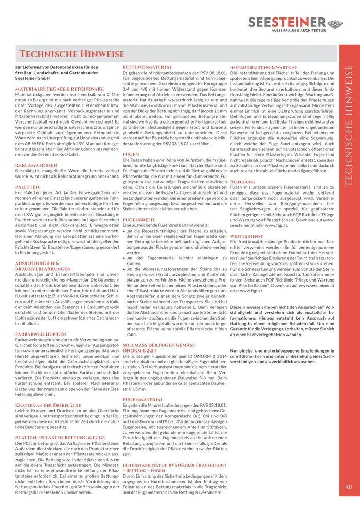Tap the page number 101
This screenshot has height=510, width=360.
pos(348,487)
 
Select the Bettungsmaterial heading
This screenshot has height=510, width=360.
pos(147,67)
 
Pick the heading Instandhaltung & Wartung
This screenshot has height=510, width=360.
pos(263,67)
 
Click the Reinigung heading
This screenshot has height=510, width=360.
pos(242,182)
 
